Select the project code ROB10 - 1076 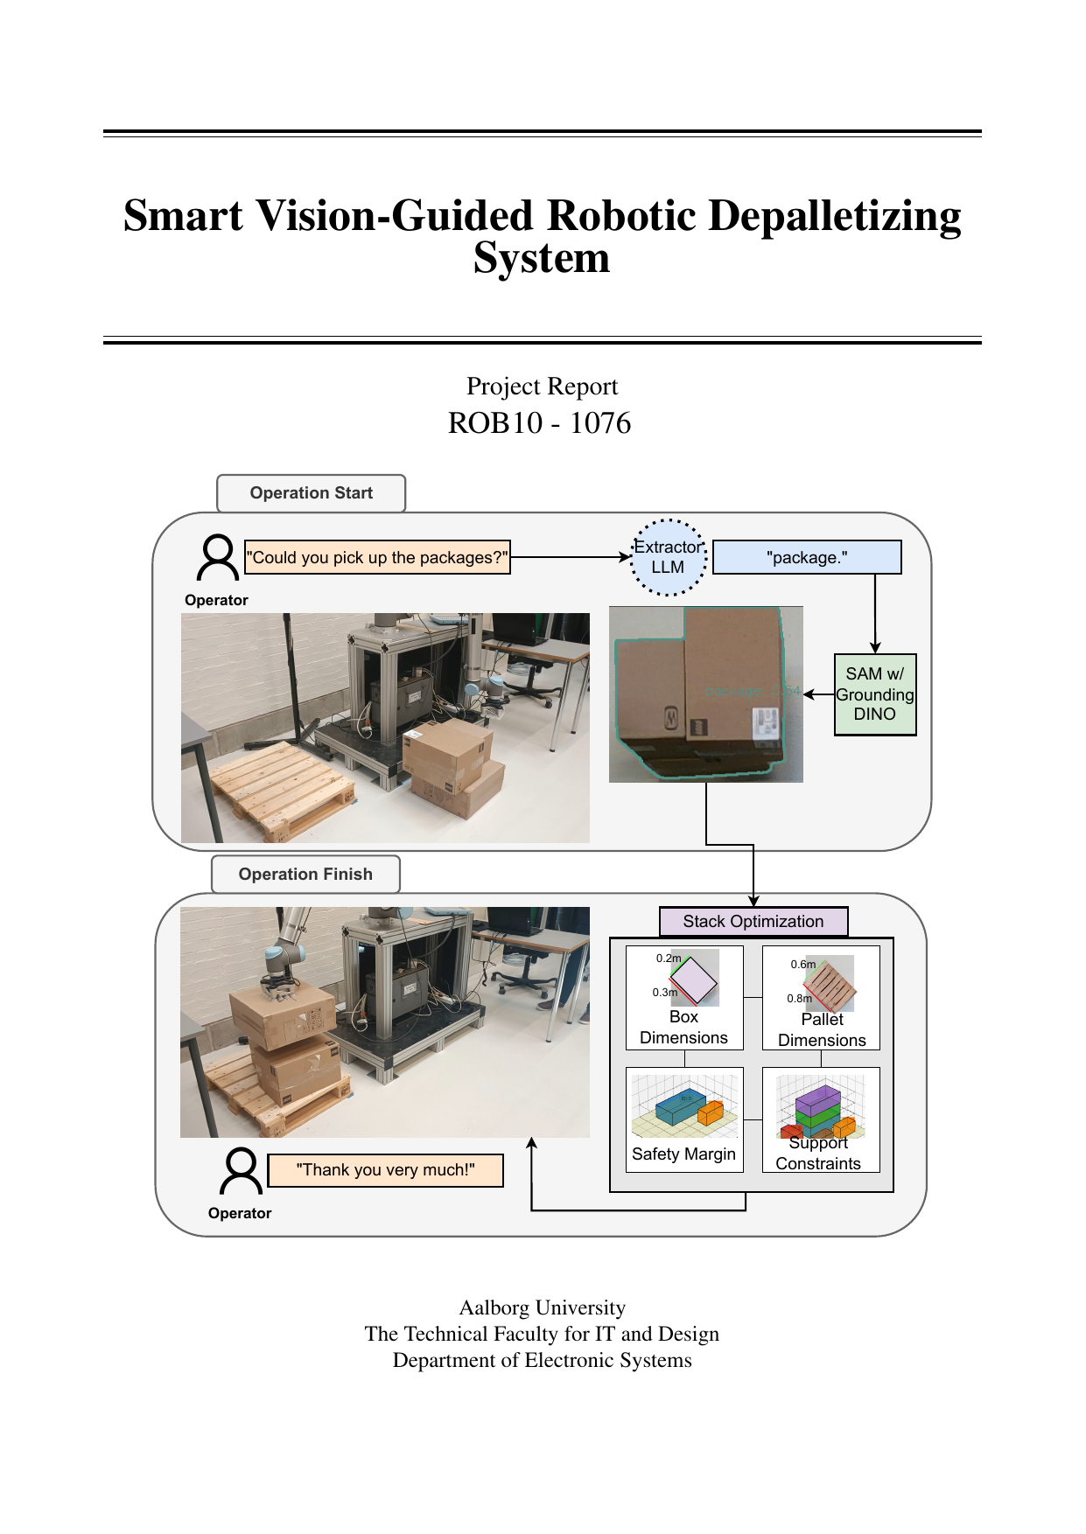[539, 423]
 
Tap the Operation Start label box [311, 493]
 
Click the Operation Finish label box [305, 875]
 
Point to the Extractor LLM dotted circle [668, 558]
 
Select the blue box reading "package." [807, 558]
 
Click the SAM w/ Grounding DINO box [874, 694]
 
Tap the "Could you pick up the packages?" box [376, 558]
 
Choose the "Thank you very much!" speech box [385, 1170]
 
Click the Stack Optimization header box [753, 922]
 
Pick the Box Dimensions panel [684, 998]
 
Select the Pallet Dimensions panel [821, 998]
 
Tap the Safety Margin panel [684, 1119]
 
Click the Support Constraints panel [821, 1119]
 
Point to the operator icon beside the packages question [217, 558]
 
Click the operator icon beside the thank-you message [241, 1171]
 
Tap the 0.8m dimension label [799, 998]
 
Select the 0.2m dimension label [669, 959]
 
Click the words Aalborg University [543, 1307]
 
